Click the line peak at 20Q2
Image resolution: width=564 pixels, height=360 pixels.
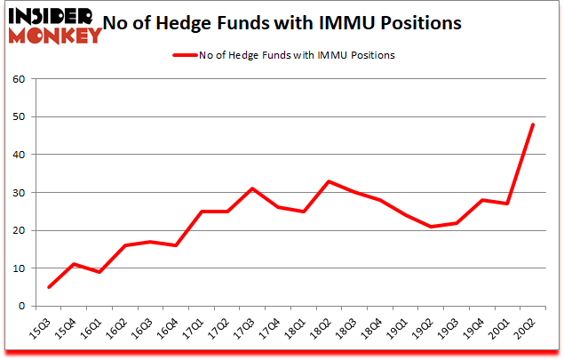pos(533,124)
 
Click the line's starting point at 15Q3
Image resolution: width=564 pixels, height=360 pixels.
pos(48,287)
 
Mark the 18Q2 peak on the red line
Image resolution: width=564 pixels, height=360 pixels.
pos(329,181)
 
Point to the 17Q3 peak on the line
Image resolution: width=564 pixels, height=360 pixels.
pos(252,188)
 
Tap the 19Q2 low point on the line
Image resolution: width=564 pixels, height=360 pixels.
pos(431,227)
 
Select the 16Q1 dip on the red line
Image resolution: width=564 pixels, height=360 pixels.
pos(99,272)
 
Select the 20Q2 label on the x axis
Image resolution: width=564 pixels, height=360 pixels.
pos(528,331)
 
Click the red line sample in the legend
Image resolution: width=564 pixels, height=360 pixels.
pos(185,54)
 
